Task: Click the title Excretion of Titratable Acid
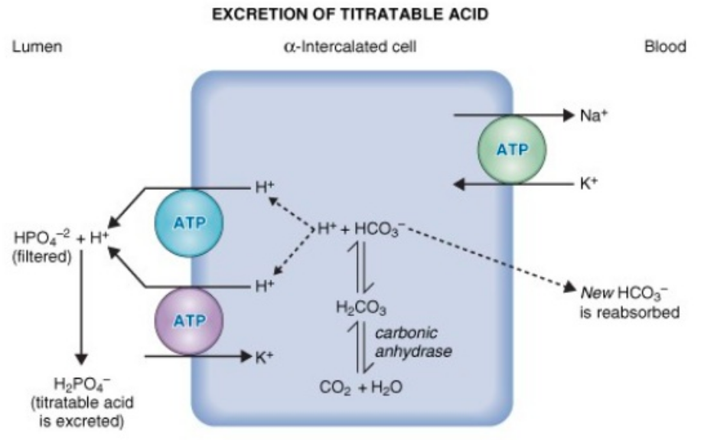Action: point(350,14)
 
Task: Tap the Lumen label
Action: point(38,47)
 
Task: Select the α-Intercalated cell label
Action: point(351,47)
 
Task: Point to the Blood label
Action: point(664,47)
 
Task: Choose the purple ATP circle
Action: point(187,320)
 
